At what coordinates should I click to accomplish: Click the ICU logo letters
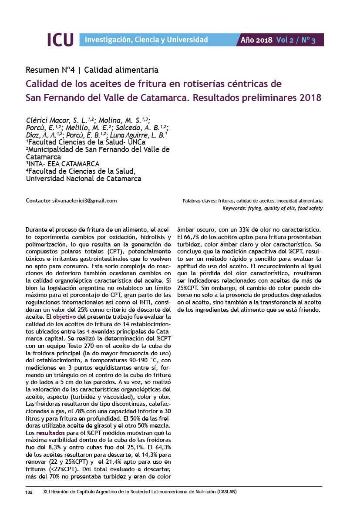(x=60, y=40)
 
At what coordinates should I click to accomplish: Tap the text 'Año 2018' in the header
(x=256, y=40)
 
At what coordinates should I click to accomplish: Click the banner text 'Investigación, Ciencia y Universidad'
(x=146, y=40)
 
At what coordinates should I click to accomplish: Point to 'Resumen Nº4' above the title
(x=50, y=70)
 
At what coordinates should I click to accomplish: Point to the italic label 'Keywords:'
(x=234, y=209)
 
